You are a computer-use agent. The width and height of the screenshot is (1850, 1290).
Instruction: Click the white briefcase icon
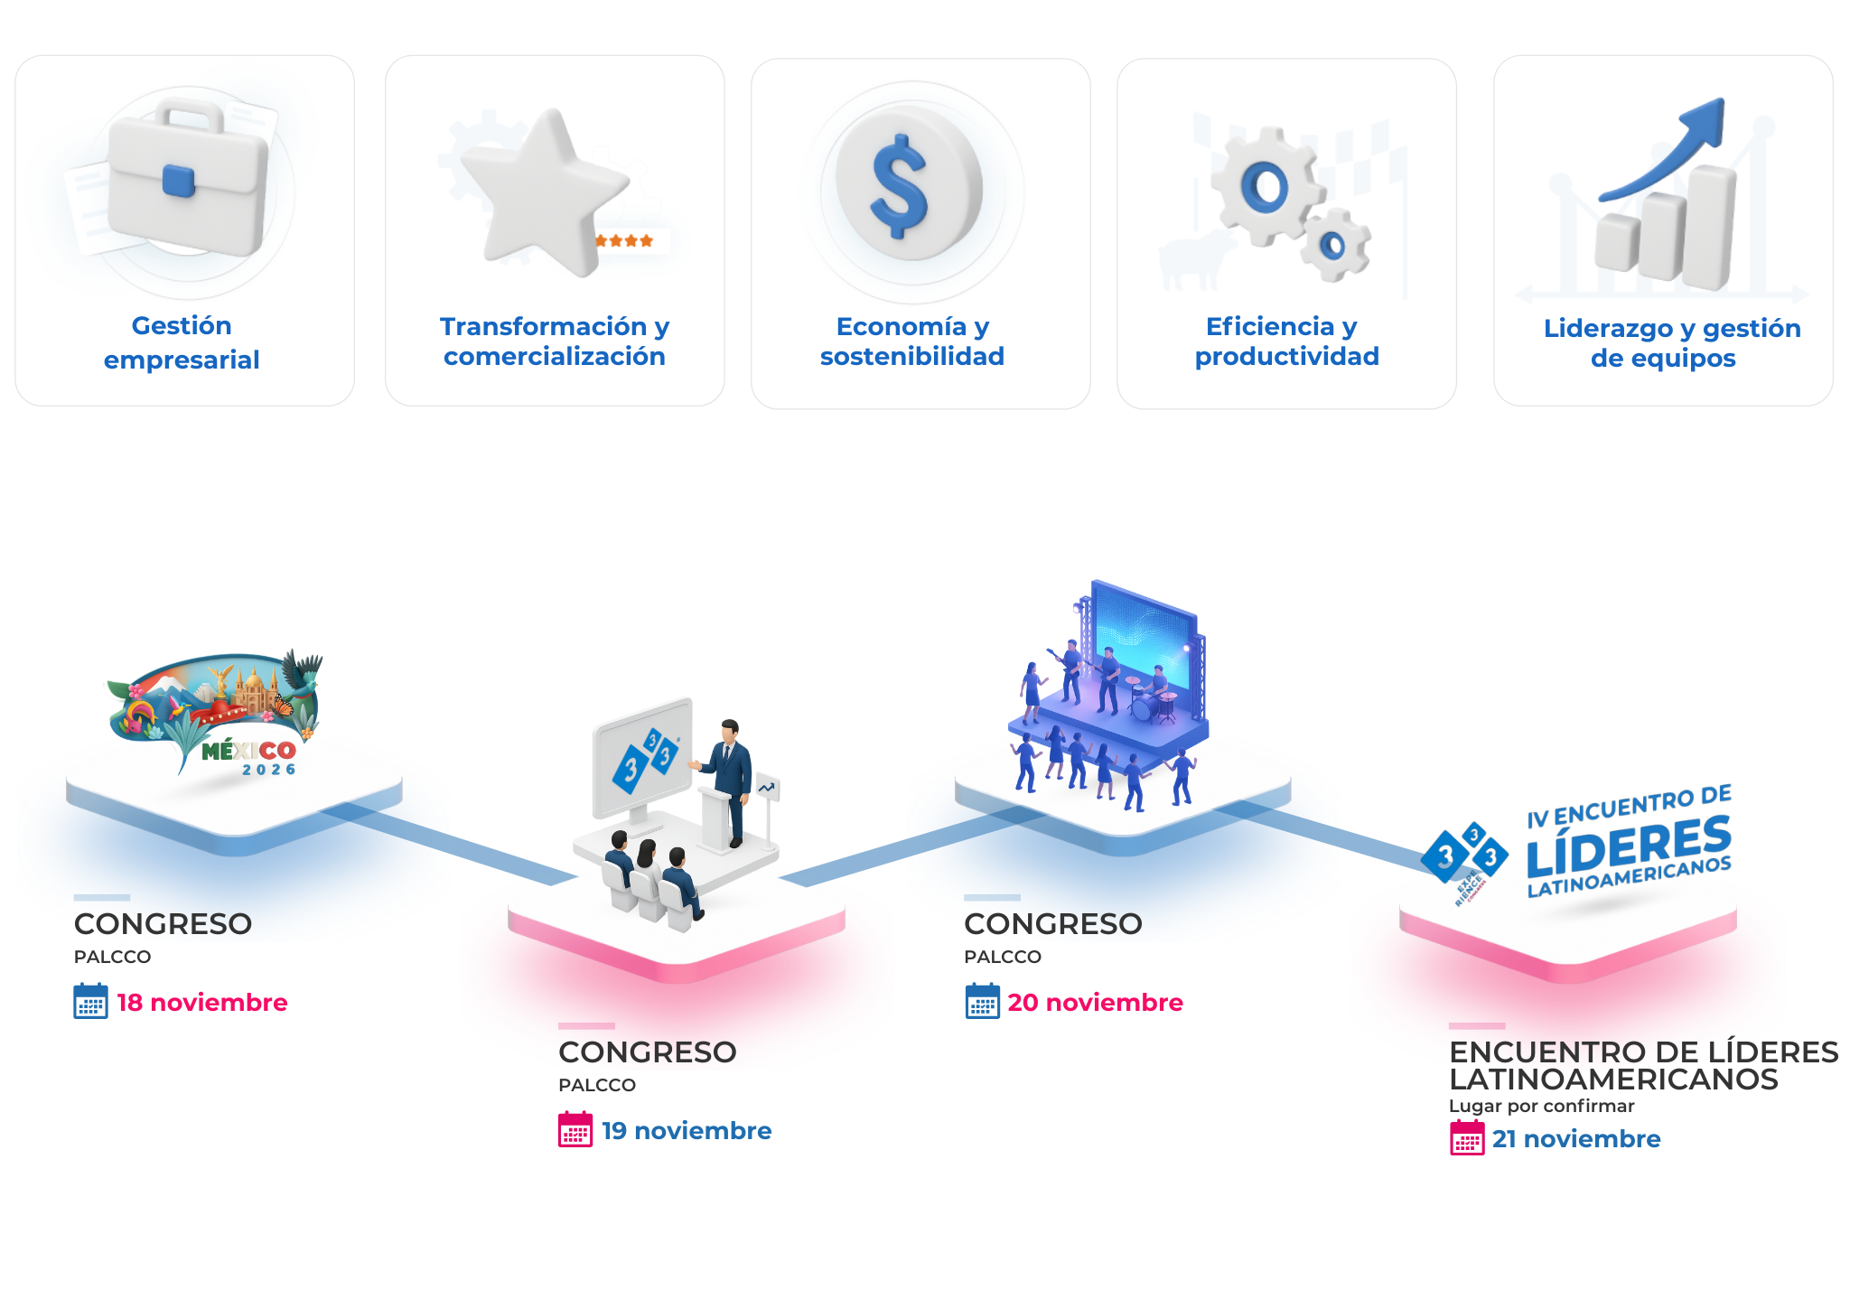[187, 181]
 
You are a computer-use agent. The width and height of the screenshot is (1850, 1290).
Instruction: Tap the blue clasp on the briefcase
[178, 181]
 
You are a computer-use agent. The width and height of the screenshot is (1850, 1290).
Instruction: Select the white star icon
[542, 190]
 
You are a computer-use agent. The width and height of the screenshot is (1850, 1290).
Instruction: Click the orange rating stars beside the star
[624, 241]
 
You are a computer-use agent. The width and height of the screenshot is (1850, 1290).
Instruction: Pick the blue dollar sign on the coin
[899, 187]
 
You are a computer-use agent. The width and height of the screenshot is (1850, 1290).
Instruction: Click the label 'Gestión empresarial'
[182, 342]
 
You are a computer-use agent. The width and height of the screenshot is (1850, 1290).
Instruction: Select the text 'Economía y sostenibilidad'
[912, 341]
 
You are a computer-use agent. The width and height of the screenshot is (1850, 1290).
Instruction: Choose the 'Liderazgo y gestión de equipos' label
[1671, 342]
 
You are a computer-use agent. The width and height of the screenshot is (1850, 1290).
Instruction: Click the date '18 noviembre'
[202, 1003]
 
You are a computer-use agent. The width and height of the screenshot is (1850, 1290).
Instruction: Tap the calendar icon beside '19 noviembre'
[575, 1130]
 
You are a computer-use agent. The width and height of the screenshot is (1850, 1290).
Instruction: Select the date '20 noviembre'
[1095, 1003]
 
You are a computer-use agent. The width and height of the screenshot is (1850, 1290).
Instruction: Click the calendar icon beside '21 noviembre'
[1467, 1138]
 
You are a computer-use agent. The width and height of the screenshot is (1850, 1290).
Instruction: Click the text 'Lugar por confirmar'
[1541, 1106]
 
